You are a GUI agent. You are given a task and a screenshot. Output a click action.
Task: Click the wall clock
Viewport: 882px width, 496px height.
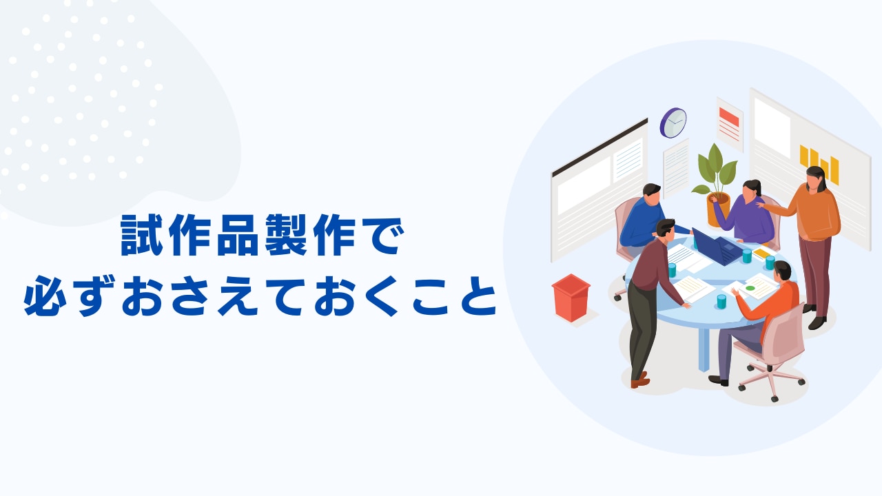(673, 123)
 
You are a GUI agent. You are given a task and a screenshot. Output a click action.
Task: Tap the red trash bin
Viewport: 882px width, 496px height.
(571, 298)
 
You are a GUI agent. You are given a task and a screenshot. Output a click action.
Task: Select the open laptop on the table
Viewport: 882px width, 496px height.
(718, 247)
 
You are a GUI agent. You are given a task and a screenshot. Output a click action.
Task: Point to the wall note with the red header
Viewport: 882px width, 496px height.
(730, 124)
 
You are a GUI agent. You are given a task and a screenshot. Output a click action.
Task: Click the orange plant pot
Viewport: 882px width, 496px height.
(718, 209)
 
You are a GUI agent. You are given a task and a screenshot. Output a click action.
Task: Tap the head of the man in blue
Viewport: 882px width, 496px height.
(652, 194)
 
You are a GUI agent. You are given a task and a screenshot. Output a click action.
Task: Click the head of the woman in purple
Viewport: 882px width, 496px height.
(751, 189)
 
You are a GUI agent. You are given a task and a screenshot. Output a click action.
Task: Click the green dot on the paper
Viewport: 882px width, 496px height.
(750, 288)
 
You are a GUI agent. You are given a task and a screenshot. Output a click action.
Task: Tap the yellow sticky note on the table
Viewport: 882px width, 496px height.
(761, 254)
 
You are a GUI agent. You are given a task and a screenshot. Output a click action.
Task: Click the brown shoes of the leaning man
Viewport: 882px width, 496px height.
(640, 380)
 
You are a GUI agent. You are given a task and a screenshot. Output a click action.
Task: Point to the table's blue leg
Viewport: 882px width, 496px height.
(704, 349)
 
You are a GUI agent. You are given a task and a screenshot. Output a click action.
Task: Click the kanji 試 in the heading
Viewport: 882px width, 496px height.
(142, 235)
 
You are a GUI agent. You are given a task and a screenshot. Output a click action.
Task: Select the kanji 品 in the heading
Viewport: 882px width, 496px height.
(237, 235)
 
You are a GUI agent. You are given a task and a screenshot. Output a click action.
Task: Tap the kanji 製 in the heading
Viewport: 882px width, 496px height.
(286, 235)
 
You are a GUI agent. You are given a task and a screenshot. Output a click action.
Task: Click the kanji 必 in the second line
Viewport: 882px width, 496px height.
(45, 296)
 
